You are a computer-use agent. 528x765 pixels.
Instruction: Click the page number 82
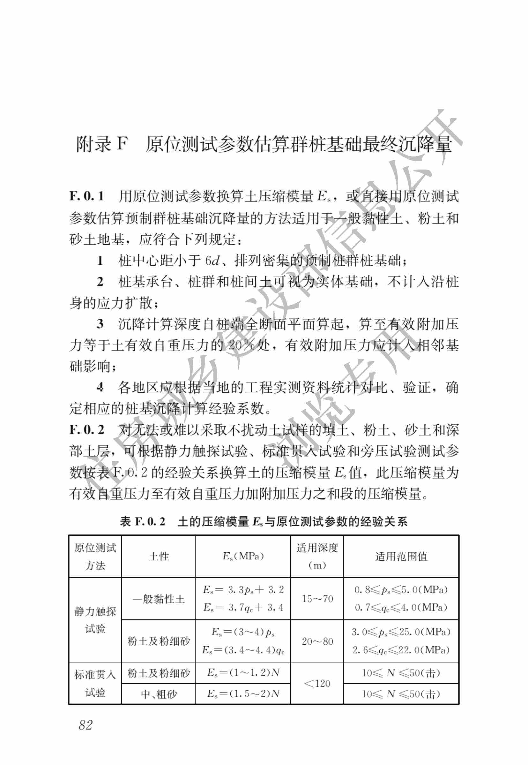[x=86, y=725]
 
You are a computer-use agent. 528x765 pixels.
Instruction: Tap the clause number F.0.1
[x=87, y=196]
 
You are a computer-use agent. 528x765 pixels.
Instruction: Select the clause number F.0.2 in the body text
[x=87, y=430]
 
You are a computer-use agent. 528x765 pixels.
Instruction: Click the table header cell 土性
[x=159, y=557]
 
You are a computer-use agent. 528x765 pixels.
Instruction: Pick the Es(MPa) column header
[x=243, y=556]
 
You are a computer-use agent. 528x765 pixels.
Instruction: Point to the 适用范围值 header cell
[x=401, y=557]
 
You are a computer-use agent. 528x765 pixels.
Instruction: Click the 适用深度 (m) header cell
[x=317, y=557]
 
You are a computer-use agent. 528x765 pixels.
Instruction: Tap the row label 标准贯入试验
[x=95, y=683]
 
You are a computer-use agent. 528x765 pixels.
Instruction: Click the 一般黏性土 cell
[x=159, y=599]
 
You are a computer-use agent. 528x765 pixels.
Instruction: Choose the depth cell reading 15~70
[x=317, y=599]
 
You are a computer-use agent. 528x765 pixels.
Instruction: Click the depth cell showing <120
[x=317, y=683]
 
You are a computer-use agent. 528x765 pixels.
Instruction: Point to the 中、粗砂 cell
[x=159, y=694]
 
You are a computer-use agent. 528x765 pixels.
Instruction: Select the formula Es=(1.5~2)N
[x=243, y=693]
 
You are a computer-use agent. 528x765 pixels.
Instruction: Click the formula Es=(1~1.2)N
[x=243, y=673]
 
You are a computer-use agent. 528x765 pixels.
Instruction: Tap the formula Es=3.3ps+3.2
[x=243, y=590]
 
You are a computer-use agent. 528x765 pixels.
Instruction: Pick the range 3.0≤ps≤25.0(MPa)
[x=401, y=632]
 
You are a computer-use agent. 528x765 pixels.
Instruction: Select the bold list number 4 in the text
[x=100, y=387]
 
